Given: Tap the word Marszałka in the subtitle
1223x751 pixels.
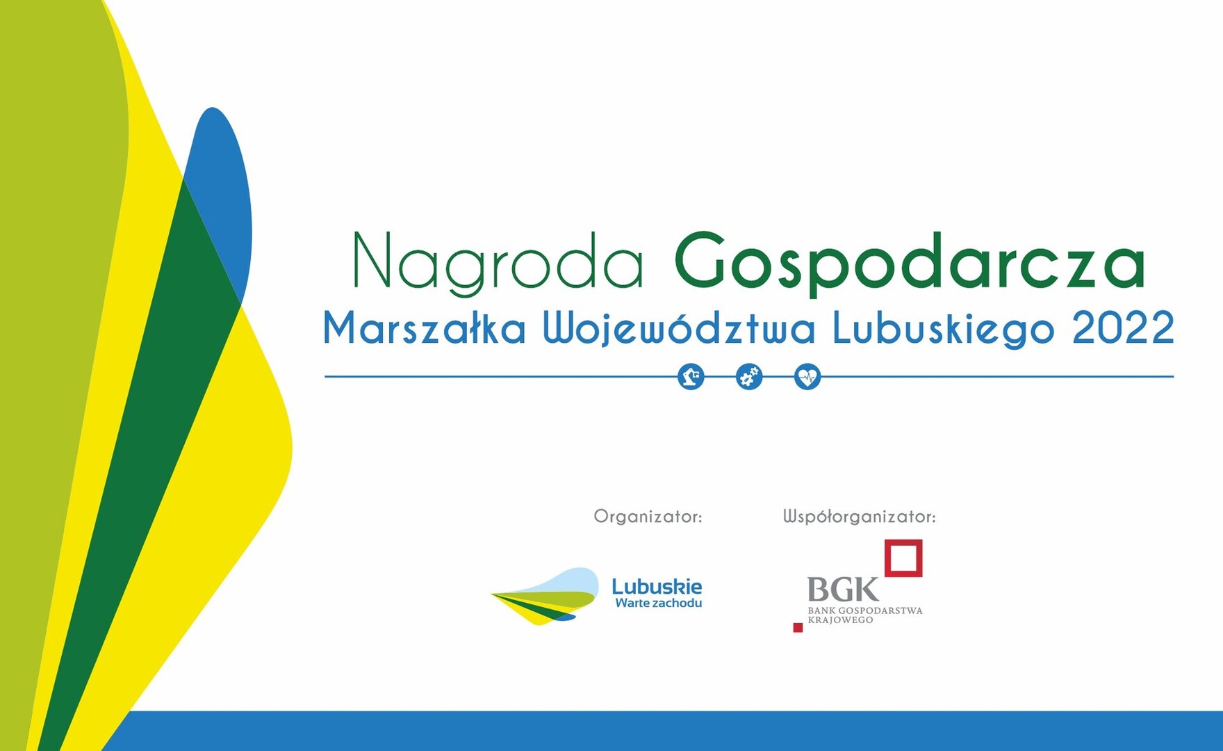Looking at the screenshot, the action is [x=424, y=328].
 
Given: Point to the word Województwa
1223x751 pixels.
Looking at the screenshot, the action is [x=678, y=329].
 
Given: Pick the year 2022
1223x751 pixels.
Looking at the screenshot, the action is [x=1123, y=328].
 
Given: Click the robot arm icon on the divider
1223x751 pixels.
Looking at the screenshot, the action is [x=691, y=377].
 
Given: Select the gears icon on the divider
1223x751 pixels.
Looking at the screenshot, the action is [x=749, y=377].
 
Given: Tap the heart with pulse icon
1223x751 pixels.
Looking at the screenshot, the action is [x=807, y=377].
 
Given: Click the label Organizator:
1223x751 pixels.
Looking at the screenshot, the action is [x=648, y=517].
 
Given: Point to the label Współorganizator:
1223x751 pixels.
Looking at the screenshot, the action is [x=860, y=517].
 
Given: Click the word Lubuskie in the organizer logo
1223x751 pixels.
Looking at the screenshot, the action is [x=657, y=586].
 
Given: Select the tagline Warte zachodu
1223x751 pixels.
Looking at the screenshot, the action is [x=658, y=603].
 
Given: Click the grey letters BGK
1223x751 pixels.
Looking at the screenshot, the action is [x=843, y=590].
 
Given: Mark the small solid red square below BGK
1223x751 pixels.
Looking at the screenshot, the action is [x=798, y=628].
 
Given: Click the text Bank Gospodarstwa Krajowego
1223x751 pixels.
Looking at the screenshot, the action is [x=865, y=615].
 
